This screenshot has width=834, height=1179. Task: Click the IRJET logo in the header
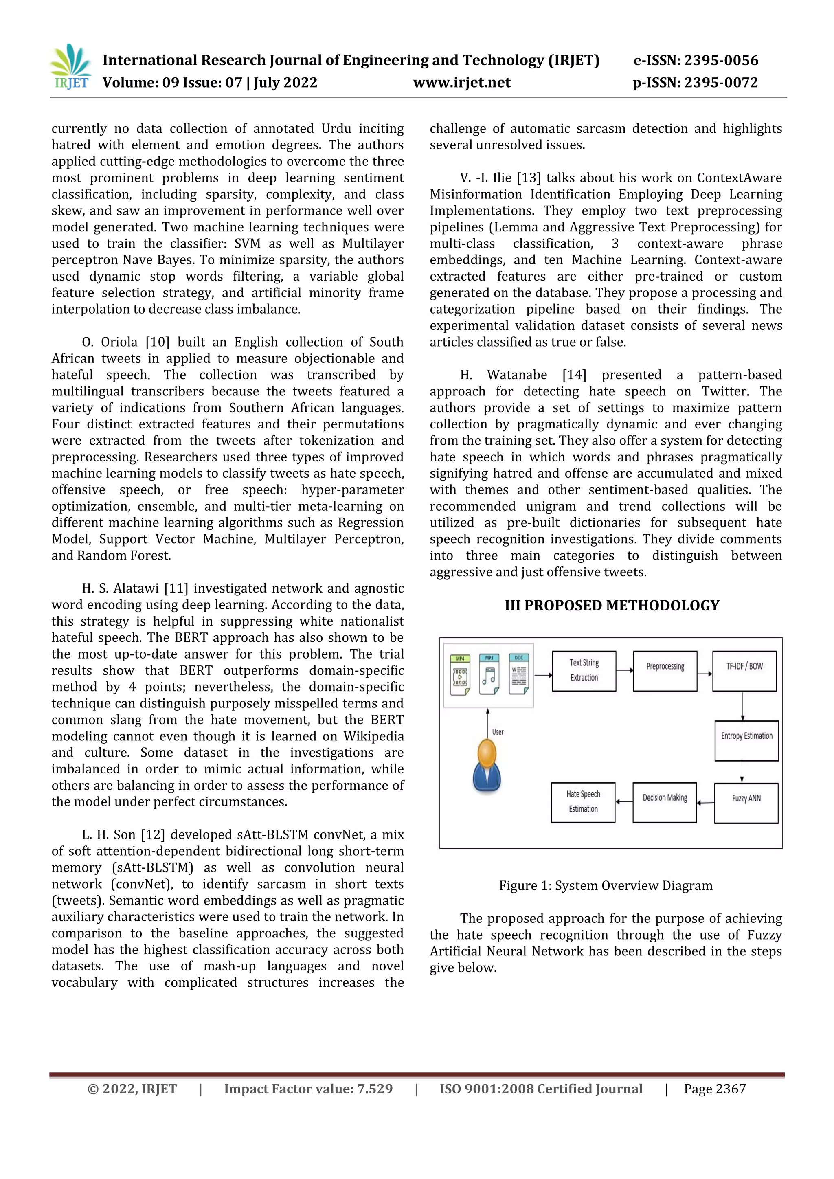71,67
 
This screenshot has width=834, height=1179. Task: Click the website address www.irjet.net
462,83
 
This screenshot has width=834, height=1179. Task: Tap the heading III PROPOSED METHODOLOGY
612,606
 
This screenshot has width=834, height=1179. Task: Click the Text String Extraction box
584,671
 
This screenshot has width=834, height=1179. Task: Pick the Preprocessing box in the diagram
665,671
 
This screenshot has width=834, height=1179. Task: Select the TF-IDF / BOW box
744,671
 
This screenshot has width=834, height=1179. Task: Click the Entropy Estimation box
746,740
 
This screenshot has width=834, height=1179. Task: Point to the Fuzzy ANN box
746,803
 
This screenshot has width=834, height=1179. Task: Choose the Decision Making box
665,802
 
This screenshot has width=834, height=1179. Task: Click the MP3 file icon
489,675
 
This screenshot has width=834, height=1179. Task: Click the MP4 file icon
460,675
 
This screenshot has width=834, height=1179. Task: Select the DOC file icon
519,675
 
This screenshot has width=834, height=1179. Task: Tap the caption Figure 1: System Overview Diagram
606,886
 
